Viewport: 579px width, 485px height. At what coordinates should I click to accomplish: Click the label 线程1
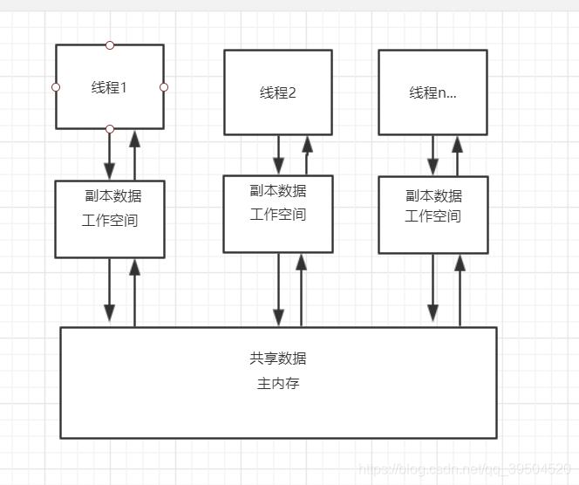(110, 87)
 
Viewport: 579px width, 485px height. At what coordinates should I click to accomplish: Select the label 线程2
(278, 92)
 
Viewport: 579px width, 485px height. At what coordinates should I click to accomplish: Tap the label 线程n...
(433, 92)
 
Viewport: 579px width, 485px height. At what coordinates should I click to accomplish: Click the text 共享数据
(278, 359)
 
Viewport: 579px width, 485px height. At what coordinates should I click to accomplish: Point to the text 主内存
(278, 383)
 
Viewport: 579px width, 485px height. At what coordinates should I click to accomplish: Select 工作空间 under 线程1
(110, 221)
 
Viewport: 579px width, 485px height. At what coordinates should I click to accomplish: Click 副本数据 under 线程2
(278, 191)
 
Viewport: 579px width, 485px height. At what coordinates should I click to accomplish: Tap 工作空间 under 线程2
(278, 215)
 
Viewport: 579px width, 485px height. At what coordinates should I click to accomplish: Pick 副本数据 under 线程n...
(434, 196)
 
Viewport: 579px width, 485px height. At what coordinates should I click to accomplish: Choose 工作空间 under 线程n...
(433, 216)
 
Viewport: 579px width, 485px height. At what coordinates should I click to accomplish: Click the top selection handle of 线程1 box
(110, 45)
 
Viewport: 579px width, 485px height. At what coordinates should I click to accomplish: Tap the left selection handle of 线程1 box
(56, 87)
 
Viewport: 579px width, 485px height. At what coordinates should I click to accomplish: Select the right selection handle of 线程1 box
(164, 87)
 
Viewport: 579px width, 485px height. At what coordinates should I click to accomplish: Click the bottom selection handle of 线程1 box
(110, 129)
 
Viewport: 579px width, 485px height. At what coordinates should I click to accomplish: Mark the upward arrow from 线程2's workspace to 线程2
(306, 155)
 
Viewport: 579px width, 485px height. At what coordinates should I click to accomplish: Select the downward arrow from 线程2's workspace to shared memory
(279, 290)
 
